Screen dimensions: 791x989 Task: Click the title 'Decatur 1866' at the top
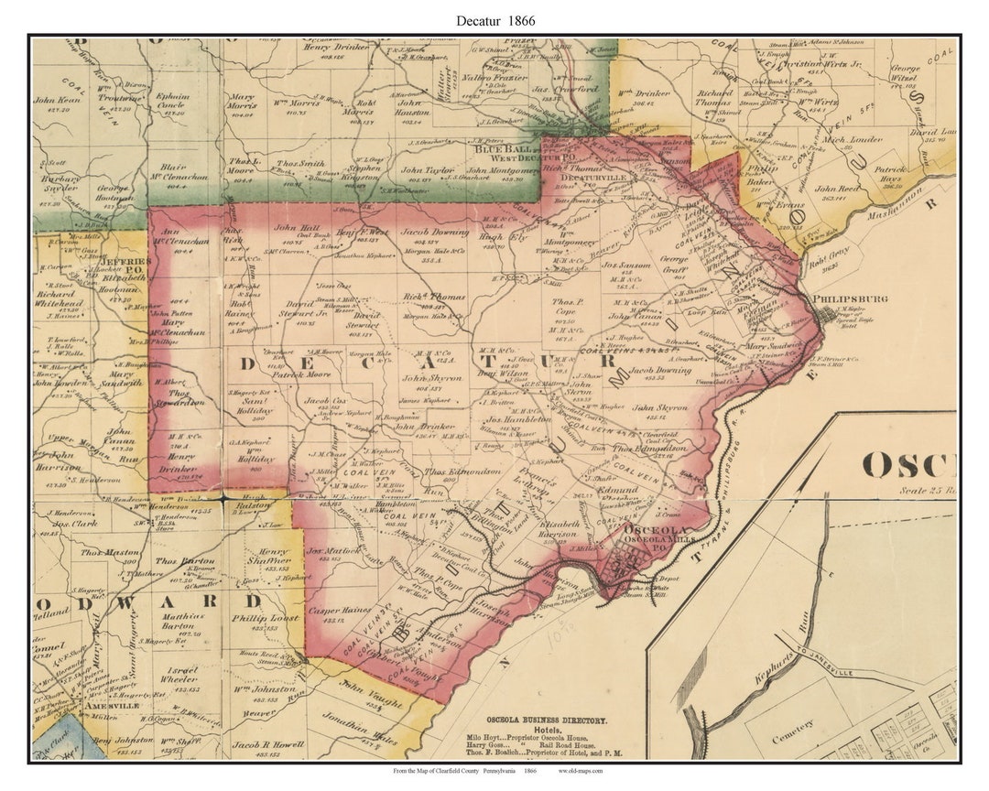[494, 19]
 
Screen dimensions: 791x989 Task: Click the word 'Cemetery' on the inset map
[793, 726]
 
